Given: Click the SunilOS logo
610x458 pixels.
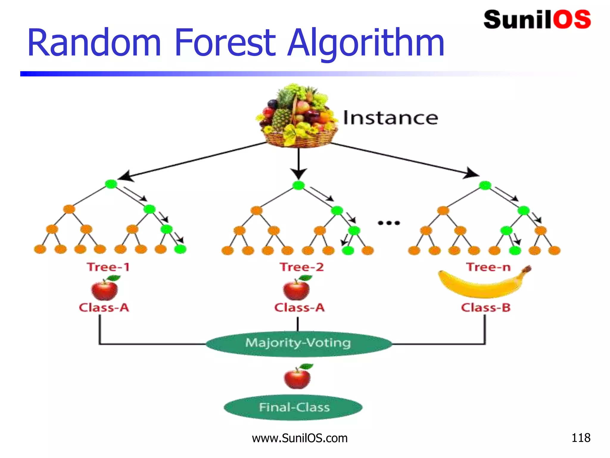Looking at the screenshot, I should tap(537, 20).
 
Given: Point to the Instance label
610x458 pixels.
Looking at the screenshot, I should tap(390, 118).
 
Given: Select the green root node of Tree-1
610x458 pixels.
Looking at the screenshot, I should tap(111, 184).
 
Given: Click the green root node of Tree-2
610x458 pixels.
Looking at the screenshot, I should tap(298, 185).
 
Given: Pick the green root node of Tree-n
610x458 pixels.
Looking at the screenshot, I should tap(485, 185).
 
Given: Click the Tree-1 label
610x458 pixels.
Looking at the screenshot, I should tap(108, 267).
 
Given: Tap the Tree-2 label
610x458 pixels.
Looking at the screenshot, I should tap(301, 267).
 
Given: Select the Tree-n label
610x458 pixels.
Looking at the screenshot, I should tap(488, 267).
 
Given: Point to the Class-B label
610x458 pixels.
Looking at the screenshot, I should tap(486, 307).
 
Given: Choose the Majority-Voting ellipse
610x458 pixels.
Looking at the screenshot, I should tap(298, 343).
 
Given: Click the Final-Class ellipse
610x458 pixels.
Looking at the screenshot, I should tap(293, 407).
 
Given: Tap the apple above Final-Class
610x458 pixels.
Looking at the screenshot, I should tap(298, 377).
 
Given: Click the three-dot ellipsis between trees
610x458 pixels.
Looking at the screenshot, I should tap(389, 223).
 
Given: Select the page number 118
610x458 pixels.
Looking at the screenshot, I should tap(581, 438).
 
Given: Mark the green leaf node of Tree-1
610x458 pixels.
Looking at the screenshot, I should tap(180, 249).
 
